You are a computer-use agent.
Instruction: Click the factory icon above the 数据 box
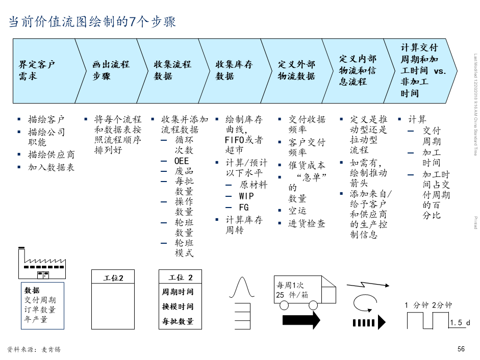coord(42,263)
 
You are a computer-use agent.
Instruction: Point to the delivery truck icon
coord(305,293)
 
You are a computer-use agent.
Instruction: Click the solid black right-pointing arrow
coord(301,320)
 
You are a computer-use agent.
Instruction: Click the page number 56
coord(461,349)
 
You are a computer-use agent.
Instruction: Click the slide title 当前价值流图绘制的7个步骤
coord(92,22)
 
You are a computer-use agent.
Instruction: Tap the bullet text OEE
coord(182,161)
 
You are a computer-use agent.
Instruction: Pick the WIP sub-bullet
coord(246,196)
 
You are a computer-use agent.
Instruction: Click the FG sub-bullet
coord(243,208)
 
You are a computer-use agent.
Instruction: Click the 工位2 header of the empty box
coord(113,278)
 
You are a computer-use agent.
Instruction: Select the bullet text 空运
coord(297,211)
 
